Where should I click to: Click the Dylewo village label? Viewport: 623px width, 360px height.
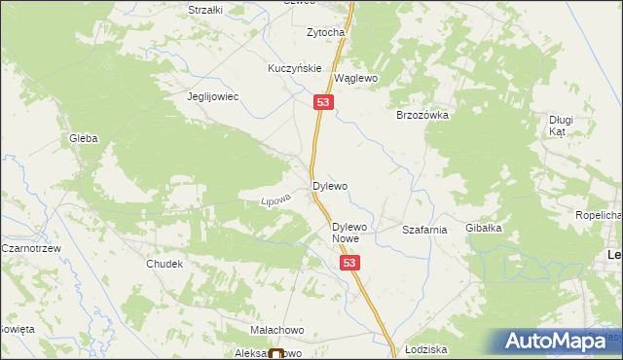click(x=329, y=185)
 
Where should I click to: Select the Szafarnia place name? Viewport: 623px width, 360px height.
click(x=424, y=231)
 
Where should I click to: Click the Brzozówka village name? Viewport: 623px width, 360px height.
click(x=421, y=115)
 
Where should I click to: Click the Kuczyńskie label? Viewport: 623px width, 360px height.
click(x=295, y=69)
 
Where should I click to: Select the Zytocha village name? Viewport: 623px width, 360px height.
click(x=326, y=32)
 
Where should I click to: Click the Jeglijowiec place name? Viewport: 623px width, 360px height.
click(x=213, y=97)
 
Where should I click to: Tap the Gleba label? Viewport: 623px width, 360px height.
click(x=83, y=139)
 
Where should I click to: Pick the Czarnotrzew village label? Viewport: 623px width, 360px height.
click(x=32, y=249)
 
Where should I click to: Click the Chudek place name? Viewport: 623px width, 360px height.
click(x=165, y=265)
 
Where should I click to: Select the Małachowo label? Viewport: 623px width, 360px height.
click(x=277, y=331)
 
